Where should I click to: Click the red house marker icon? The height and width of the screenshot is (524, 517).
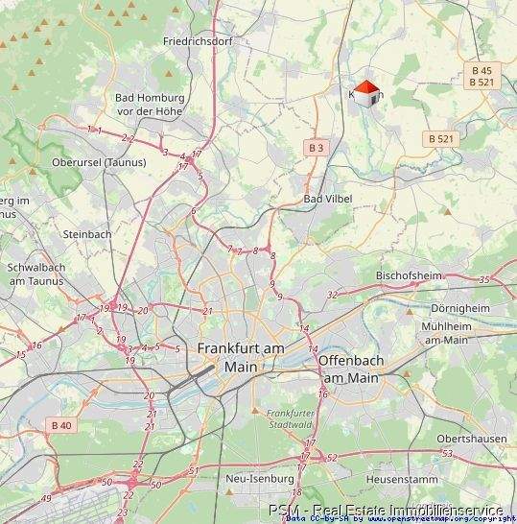[x=367, y=94]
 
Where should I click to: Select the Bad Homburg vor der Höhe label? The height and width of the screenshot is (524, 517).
[x=149, y=104]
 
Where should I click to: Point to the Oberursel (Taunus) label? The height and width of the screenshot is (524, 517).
[x=99, y=162]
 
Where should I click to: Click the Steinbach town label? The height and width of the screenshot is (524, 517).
[x=87, y=233]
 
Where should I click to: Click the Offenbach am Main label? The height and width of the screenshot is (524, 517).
[x=349, y=369]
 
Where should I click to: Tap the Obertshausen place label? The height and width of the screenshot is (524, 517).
[x=471, y=438]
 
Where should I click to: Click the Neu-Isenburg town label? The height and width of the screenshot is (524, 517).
[x=252, y=477]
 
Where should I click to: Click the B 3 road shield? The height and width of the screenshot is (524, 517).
[x=317, y=147]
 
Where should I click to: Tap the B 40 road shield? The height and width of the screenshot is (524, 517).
[x=61, y=424]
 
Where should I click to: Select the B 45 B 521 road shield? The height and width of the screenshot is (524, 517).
[x=482, y=76]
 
